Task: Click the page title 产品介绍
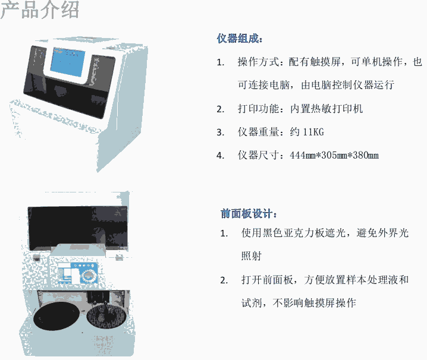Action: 39,10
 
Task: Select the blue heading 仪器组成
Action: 240,39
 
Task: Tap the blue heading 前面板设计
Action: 249,214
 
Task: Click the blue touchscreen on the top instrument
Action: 68,62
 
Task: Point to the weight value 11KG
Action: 313,132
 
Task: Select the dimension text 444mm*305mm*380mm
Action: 334,156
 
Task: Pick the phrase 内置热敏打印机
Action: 326,109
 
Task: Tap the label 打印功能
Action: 259,109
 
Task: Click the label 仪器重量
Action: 259,132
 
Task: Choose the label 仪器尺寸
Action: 259,156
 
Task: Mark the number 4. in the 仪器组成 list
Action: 220,156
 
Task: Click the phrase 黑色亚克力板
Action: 294,233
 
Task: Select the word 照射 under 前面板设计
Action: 252,256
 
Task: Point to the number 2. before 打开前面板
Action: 224,280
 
